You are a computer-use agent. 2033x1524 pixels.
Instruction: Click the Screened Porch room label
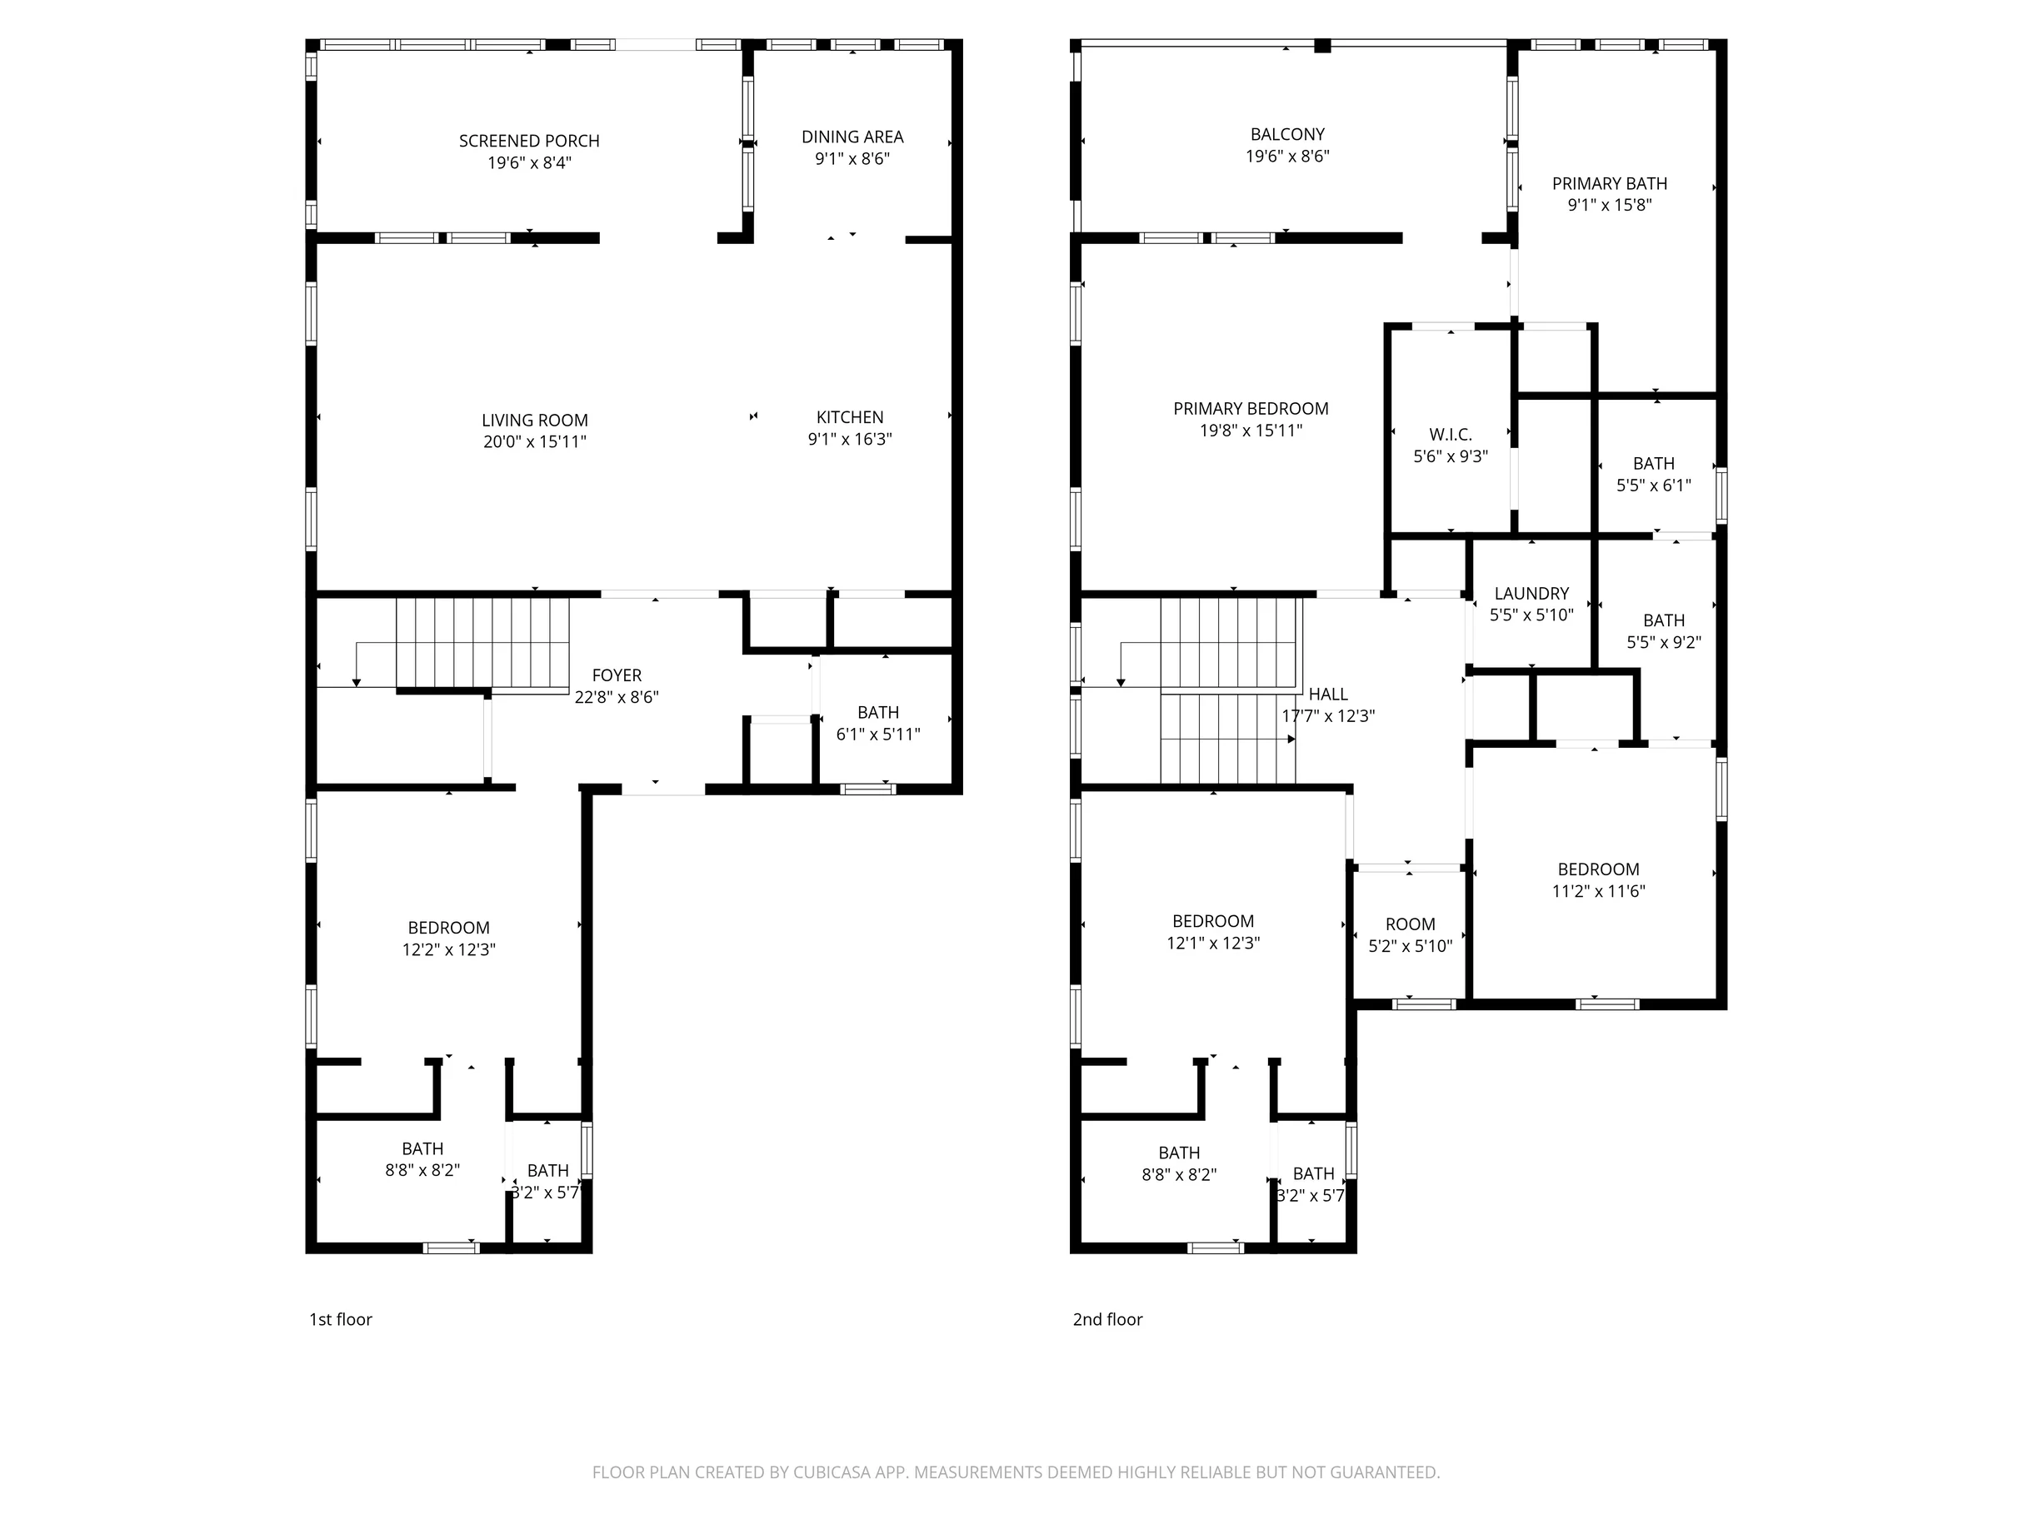[529, 141]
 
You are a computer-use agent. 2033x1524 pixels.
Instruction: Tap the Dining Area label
[852, 137]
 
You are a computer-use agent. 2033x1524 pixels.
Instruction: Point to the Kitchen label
[850, 417]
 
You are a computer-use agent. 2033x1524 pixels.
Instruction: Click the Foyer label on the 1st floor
[617, 675]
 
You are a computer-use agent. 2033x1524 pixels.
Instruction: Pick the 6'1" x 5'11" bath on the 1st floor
[877, 723]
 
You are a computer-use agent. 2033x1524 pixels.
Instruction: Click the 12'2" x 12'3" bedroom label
[448, 939]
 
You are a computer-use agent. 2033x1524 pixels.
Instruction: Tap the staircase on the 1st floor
[482, 643]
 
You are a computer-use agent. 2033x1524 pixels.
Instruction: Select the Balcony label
[1287, 134]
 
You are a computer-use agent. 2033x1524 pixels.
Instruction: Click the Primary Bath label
[1609, 184]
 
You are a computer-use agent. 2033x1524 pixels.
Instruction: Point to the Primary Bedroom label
[1251, 409]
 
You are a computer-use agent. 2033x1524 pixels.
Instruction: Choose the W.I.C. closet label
[1451, 435]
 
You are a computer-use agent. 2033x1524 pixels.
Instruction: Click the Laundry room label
[1531, 594]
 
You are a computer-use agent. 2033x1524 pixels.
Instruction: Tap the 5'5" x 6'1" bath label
[1653, 475]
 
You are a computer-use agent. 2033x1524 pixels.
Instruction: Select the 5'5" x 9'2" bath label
[1664, 631]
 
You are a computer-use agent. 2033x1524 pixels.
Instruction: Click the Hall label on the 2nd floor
[1328, 695]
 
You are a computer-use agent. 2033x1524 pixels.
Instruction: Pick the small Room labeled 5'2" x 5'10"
[1410, 935]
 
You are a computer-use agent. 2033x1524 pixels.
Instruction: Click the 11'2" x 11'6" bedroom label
[1598, 880]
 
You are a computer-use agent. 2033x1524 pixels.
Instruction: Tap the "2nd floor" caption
[1107, 1319]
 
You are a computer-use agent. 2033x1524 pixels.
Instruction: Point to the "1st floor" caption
[340, 1319]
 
